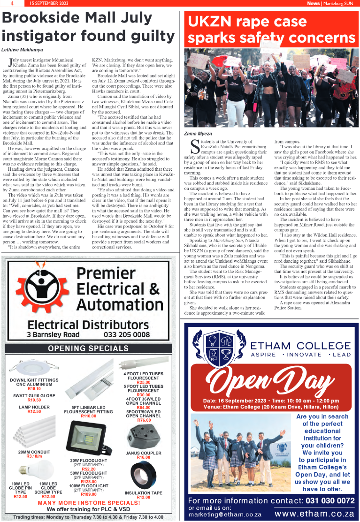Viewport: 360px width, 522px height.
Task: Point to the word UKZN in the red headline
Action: [209, 22]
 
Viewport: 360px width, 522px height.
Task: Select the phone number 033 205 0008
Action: [127, 335]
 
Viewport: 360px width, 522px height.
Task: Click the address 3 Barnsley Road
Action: [53, 335]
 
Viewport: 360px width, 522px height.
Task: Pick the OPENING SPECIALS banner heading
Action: [89, 348]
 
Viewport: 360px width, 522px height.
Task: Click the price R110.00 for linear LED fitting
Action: [88, 416]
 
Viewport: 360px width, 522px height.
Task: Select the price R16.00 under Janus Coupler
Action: [143, 457]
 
